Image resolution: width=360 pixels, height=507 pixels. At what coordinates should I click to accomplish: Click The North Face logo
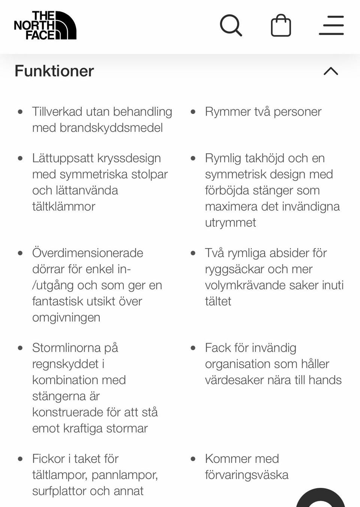[45, 25]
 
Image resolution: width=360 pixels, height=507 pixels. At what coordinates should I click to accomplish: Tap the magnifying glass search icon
[231, 25]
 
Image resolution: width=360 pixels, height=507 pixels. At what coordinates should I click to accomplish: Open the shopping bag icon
[281, 25]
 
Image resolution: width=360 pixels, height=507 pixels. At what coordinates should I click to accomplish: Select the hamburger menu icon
[331, 25]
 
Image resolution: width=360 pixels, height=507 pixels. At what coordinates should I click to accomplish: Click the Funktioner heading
[54, 71]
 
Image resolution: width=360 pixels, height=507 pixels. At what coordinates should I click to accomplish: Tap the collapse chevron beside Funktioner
[331, 71]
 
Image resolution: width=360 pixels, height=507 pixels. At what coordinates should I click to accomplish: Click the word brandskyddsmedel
[111, 128]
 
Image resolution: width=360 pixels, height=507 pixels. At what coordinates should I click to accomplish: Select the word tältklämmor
[64, 206]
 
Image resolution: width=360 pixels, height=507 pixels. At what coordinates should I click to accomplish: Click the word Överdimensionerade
[88, 253]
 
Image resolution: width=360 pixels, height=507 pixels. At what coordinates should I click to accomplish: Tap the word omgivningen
[66, 317]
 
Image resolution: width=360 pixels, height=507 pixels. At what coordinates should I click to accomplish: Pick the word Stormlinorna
[66, 348]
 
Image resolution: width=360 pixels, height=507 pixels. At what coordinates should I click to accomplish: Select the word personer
[297, 112]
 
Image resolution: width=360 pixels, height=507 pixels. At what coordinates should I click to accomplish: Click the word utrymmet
[230, 223]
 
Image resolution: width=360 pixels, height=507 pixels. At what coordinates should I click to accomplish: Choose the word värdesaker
[229, 380]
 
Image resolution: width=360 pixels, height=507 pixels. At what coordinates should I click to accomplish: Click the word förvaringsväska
[247, 475]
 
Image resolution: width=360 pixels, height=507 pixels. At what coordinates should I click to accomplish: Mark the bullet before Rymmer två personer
[193, 112]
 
